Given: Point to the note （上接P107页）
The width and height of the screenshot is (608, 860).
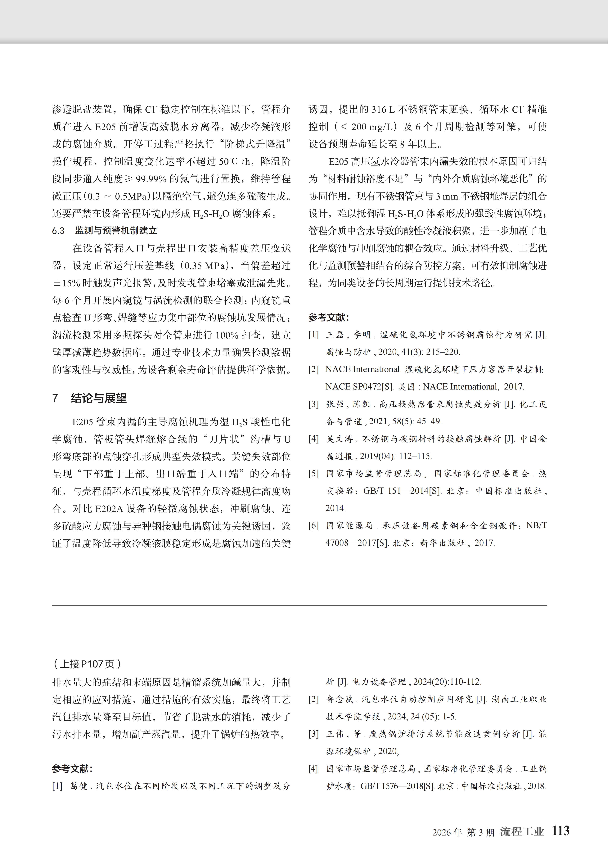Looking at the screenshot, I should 87,664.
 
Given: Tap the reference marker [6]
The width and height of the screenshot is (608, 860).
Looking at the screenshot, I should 313,525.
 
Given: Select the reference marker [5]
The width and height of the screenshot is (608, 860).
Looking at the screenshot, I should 313,473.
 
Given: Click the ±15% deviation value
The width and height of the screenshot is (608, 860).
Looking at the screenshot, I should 66,283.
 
